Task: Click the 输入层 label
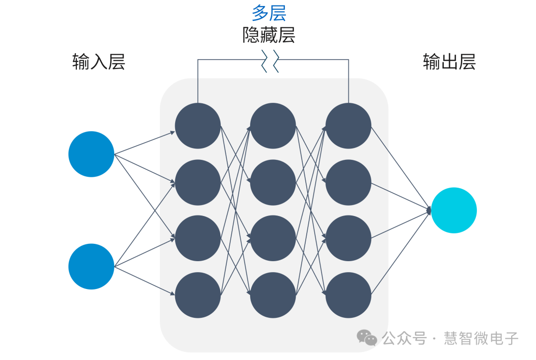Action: (98, 62)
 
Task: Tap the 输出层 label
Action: (449, 62)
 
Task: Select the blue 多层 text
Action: (269, 13)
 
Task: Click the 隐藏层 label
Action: (269, 35)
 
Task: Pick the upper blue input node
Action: (91, 154)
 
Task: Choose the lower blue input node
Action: (91, 267)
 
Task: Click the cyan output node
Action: (454, 210)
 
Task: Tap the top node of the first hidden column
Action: (198, 126)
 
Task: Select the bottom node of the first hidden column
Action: (198, 295)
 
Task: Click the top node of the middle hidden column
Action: (273, 126)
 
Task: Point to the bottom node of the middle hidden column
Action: (273, 295)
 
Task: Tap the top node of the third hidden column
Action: (348, 126)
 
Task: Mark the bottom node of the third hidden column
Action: (348, 295)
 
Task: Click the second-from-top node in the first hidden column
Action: (198, 182)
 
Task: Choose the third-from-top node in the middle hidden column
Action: (273, 238)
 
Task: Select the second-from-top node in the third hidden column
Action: (348, 182)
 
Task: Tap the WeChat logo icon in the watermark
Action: (367, 338)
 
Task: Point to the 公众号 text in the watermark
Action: (404, 339)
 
